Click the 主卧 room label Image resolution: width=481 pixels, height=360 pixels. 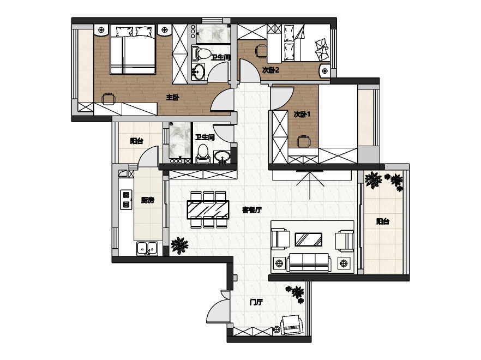pyautogui.click(x=172, y=98)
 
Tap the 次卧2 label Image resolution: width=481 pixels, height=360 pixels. pyautogui.click(x=270, y=70)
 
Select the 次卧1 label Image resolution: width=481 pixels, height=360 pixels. pyautogui.click(x=302, y=115)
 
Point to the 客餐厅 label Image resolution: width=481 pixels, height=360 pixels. pyautogui.click(x=252, y=210)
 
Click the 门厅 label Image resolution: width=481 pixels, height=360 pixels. pyautogui.click(x=256, y=302)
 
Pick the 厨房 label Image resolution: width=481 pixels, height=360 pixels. pyautogui.click(x=148, y=200)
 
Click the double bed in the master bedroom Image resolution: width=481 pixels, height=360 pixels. pyautogui.click(x=133, y=50)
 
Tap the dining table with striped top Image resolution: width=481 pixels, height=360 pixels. pyautogui.click(x=208, y=209)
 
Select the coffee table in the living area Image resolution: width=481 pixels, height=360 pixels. pyautogui.click(x=308, y=239)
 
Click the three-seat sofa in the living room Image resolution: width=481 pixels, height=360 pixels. pyautogui.click(x=309, y=262)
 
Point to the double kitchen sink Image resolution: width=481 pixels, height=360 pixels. pyautogui.click(x=147, y=248)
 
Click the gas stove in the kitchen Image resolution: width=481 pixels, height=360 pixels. pyautogui.click(x=126, y=200)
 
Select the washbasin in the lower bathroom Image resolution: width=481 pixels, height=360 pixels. pyautogui.click(x=222, y=157)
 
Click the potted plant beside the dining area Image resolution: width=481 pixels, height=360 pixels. pyautogui.click(x=179, y=245)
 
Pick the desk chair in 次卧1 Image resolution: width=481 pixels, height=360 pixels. pyautogui.click(x=303, y=141)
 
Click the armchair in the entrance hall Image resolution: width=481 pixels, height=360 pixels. pyautogui.click(x=292, y=325)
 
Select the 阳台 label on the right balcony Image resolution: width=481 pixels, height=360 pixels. pyautogui.click(x=382, y=221)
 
